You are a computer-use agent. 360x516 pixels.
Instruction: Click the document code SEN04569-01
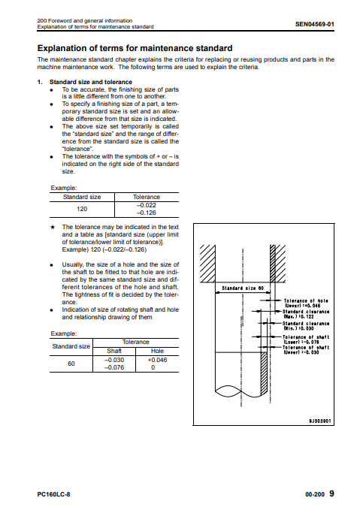click(315, 24)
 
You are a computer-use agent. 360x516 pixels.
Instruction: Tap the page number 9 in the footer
click(331, 493)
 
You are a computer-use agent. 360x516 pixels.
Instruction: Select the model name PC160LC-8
click(53, 494)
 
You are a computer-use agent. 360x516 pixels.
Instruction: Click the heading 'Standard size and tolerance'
click(91, 82)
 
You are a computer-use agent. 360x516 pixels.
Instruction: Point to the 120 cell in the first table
click(82, 209)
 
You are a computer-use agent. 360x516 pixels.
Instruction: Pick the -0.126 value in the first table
click(147, 213)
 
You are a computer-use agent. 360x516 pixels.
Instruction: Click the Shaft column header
click(114, 351)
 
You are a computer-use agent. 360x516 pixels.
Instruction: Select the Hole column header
click(157, 351)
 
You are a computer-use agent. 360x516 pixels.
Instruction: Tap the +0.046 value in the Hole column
click(157, 360)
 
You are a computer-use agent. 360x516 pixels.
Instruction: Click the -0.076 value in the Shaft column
click(114, 367)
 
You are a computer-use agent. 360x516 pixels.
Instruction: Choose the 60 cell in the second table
click(71, 364)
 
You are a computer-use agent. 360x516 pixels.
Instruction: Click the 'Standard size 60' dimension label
click(243, 288)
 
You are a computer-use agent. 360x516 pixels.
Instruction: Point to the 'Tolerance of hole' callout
click(306, 303)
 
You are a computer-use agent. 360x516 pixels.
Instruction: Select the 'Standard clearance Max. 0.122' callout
click(306, 314)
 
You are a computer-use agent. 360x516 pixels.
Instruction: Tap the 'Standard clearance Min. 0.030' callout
click(306, 326)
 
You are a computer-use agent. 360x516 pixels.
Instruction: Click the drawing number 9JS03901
click(320, 421)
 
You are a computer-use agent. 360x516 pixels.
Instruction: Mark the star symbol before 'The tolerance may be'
click(52, 227)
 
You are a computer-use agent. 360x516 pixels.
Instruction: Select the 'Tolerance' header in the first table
click(147, 197)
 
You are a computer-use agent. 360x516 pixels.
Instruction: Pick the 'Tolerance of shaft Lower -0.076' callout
click(306, 339)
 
